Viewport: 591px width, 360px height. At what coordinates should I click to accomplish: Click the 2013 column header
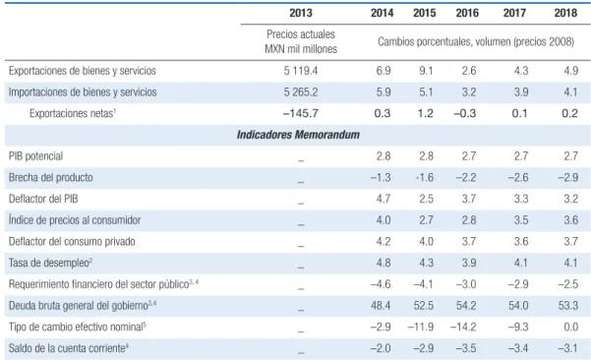point(300,13)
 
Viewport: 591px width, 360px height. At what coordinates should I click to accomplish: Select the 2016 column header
point(467,13)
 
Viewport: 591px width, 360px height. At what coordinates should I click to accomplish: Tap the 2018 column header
point(565,13)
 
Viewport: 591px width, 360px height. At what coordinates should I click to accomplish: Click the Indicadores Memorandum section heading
point(298,135)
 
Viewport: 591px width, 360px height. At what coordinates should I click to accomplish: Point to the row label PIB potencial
point(35,156)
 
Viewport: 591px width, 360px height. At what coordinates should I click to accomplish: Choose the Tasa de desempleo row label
point(50,263)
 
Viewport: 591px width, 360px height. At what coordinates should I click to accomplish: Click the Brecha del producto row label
point(51,178)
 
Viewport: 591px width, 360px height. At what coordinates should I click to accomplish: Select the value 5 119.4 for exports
point(301,71)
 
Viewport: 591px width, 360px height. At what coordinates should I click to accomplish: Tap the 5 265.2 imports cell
point(301,92)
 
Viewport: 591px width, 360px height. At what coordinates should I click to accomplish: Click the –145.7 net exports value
point(301,113)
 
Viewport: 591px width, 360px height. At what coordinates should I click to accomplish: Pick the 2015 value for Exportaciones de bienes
point(426,71)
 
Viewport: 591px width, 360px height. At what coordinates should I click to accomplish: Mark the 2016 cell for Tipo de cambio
point(463,327)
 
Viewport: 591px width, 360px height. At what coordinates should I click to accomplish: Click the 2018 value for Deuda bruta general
point(568,305)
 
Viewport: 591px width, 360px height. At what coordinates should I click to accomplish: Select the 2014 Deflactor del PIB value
point(384,199)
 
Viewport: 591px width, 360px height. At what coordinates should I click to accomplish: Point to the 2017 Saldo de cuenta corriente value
point(518,348)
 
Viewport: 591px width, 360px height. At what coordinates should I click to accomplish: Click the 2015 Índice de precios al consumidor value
point(426,220)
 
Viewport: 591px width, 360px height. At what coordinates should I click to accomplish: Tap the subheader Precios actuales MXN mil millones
point(301,41)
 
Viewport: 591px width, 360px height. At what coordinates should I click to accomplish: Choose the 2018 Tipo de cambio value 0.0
point(570,327)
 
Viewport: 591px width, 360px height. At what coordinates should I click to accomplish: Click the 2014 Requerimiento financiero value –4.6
point(381,284)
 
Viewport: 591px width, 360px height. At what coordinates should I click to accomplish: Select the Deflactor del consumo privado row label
point(72,242)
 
